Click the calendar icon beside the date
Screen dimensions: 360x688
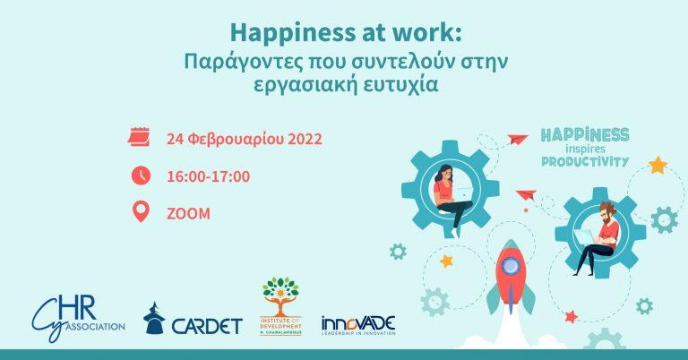[139, 139]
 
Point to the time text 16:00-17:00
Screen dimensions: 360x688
[208, 176]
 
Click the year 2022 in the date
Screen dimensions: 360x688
[303, 140]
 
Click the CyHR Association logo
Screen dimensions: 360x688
[77, 313]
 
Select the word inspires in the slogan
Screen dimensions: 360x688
[587, 149]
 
